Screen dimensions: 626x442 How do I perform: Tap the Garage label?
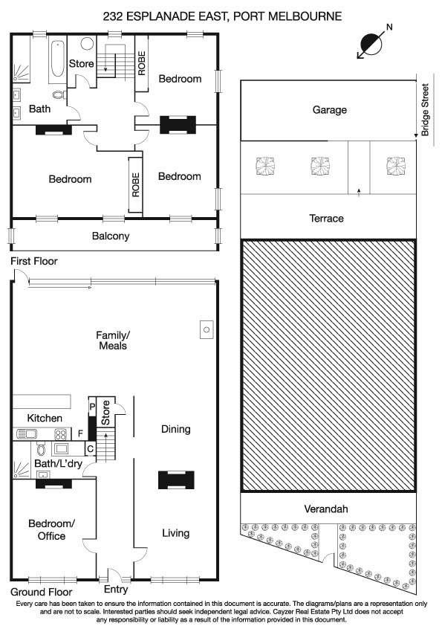pos(329,109)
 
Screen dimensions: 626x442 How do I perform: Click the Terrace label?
pos(326,218)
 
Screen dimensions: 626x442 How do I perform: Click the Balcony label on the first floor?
pos(111,236)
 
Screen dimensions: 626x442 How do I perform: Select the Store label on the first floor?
pos(82,64)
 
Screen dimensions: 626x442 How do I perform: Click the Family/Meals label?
pos(112,341)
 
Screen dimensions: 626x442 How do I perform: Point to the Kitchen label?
pos(45,419)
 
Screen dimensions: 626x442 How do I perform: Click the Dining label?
pos(176,429)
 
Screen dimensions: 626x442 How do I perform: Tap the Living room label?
pos(176,533)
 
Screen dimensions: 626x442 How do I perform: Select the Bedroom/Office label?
pos(51,529)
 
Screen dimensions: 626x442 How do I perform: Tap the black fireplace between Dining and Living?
pos(176,480)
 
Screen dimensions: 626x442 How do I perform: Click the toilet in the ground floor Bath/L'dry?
pos(41,449)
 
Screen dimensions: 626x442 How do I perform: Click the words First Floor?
pos(33,261)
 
